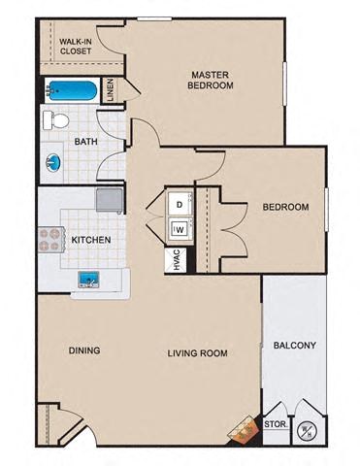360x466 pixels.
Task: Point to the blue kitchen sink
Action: [x=92, y=281]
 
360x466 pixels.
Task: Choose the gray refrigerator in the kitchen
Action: [x=110, y=200]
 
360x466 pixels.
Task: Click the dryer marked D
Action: [x=180, y=205]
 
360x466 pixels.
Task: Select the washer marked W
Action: [x=180, y=229]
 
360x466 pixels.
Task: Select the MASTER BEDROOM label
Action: [x=213, y=80]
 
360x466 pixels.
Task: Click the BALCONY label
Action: [x=295, y=345]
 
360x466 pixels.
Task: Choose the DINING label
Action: [x=84, y=350]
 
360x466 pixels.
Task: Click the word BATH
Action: [x=86, y=142]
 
